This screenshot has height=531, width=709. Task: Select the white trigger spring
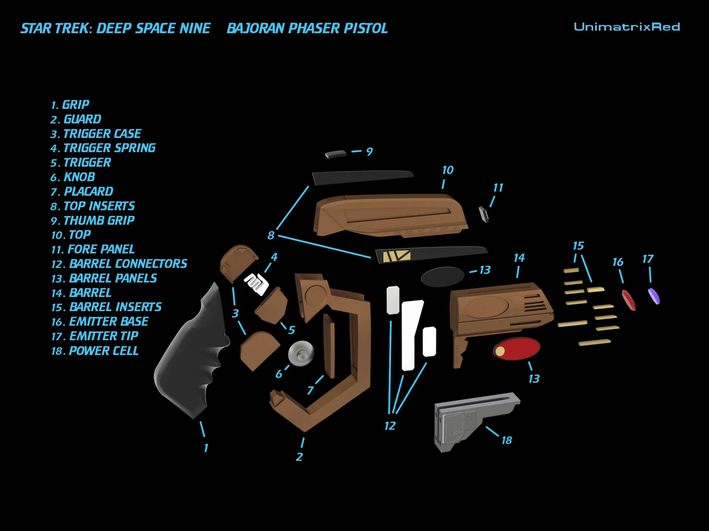(x=256, y=284)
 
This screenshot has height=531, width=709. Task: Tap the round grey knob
(x=301, y=354)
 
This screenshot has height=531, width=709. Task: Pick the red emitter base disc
(x=628, y=300)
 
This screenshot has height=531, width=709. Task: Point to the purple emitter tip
(x=654, y=296)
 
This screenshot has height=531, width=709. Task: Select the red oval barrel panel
(x=517, y=349)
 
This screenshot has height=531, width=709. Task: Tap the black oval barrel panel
(x=443, y=277)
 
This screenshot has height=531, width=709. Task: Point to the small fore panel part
(x=483, y=215)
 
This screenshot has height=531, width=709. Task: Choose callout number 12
(x=390, y=426)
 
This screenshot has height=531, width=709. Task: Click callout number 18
(x=506, y=440)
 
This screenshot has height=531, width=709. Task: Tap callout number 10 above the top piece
(x=448, y=170)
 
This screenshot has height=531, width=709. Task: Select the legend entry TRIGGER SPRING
(x=103, y=148)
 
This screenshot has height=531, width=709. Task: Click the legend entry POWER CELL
(x=95, y=351)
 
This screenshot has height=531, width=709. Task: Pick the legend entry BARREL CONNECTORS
(x=119, y=264)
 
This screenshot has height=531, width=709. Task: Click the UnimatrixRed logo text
(x=627, y=27)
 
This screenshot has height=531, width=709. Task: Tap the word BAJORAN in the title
(x=256, y=28)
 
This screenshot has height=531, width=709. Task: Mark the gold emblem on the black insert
(x=396, y=256)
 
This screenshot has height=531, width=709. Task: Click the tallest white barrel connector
(x=412, y=335)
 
